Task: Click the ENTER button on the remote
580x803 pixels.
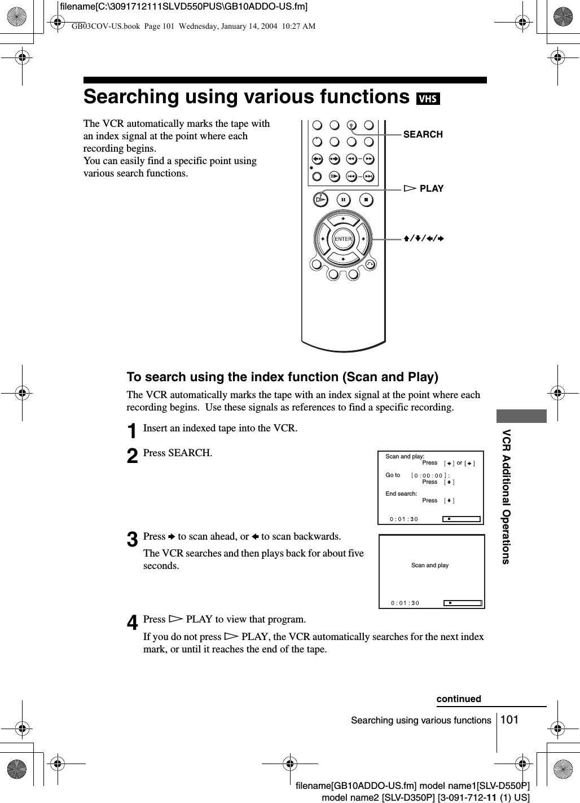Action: (343, 239)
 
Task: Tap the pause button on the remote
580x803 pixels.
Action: (343, 200)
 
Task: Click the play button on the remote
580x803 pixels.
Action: (320, 199)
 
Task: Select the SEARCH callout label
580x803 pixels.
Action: (423, 134)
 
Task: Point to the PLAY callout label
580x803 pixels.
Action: (431, 188)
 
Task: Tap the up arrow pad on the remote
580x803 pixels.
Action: (343, 219)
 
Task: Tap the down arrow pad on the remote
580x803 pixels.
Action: (343, 259)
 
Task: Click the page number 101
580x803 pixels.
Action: (509, 719)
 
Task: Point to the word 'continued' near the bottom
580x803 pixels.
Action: (459, 699)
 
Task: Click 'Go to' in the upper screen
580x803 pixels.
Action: (393, 475)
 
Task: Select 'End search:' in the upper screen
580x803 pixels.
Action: (401, 493)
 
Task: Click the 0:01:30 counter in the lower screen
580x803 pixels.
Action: (405, 603)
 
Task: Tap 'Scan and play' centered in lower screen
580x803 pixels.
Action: (430, 565)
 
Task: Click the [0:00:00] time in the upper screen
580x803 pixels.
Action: (430, 475)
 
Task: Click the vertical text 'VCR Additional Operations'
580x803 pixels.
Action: (506, 496)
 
